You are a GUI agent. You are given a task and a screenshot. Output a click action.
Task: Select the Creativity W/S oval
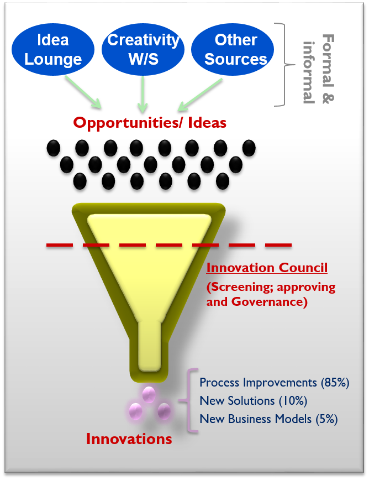(143, 49)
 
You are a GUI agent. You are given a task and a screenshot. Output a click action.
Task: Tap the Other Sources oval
(236, 49)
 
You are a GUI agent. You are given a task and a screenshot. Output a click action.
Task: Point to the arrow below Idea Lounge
(84, 91)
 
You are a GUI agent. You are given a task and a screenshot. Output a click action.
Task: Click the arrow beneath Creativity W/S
(143, 92)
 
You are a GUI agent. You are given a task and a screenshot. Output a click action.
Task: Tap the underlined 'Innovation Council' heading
(267, 268)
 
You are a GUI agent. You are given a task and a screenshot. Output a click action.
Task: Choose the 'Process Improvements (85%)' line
(275, 383)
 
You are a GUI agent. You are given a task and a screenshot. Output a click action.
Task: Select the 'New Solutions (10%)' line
(253, 400)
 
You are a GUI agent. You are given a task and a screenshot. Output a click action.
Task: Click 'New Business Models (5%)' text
(268, 419)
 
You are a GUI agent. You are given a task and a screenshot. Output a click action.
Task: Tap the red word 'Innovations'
(129, 440)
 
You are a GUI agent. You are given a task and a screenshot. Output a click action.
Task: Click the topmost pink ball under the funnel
(149, 394)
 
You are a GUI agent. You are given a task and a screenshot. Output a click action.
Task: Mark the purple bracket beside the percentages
(192, 400)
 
